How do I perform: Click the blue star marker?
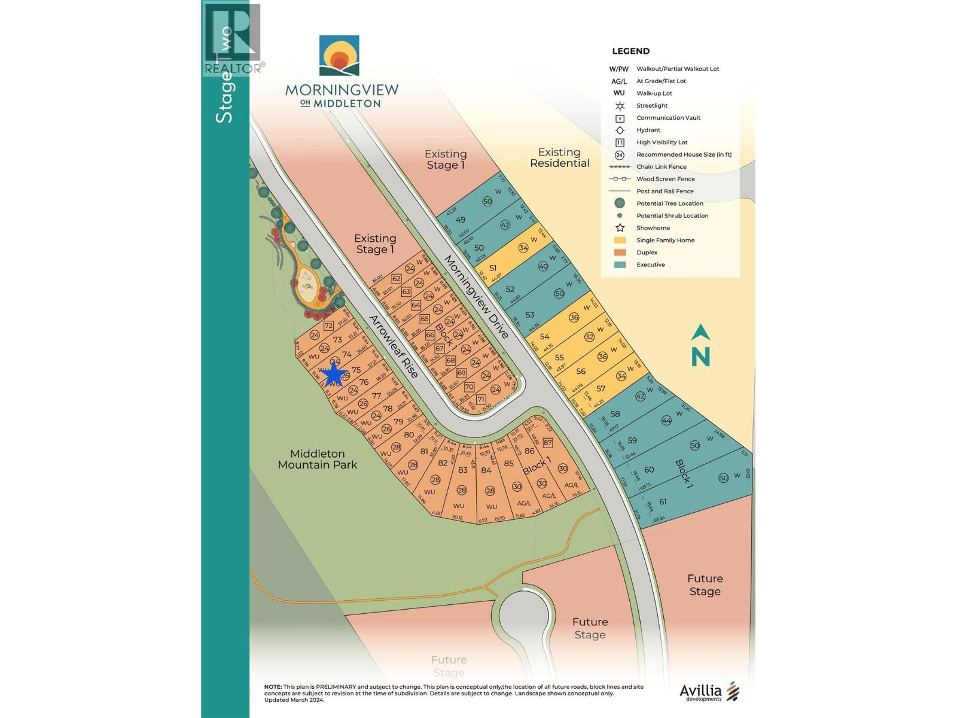click(333, 375)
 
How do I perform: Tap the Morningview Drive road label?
click(477, 297)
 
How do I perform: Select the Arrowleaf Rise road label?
click(393, 346)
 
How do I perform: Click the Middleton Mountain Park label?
click(317, 459)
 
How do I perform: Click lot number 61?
click(663, 501)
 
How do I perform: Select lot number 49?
click(461, 219)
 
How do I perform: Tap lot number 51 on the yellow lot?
click(493, 268)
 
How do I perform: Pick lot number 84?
click(486, 470)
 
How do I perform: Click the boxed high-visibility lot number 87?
click(547, 443)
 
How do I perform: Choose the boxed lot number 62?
click(396, 279)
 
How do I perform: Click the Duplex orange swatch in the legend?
click(620, 252)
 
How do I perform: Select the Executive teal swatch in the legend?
click(620, 264)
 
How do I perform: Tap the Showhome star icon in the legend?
click(620, 228)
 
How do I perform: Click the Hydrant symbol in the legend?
click(620, 130)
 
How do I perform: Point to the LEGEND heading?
click(630, 51)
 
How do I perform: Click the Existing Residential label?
click(559, 157)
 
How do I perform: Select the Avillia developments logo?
click(709, 692)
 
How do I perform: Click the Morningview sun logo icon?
click(339, 56)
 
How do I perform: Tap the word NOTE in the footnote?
click(273, 687)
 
